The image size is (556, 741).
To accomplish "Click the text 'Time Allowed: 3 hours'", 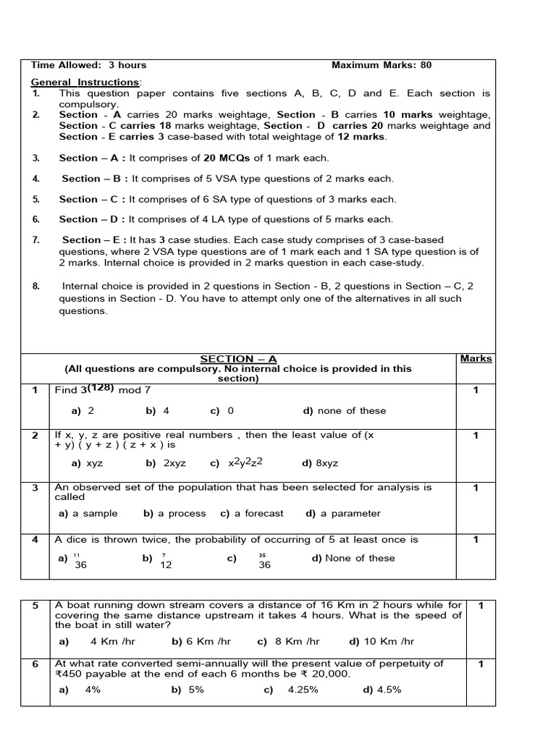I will pyautogui.click(x=88, y=65).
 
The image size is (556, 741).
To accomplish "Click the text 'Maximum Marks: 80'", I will pyautogui.click(x=381, y=65).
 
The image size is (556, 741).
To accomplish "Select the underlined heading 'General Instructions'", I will pyautogui.click(x=86, y=82).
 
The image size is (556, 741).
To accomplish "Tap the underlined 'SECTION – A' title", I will pyautogui.click(x=238, y=359).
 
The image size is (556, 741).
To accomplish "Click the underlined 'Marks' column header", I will pyautogui.click(x=476, y=358).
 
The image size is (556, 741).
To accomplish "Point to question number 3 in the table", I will pyautogui.click(x=34, y=488).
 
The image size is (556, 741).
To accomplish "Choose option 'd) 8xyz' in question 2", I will pyautogui.click(x=320, y=463).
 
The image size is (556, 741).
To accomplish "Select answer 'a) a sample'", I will pyautogui.click(x=88, y=514).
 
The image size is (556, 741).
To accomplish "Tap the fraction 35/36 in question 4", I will pyautogui.click(x=264, y=562).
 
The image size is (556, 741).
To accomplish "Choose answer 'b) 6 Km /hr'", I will pyautogui.click(x=201, y=641).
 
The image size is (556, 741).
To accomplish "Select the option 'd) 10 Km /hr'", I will pyautogui.click(x=382, y=641).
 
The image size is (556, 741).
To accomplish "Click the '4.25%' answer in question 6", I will pyautogui.click(x=303, y=690).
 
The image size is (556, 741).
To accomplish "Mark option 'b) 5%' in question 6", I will pyautogui.click(x=188, y=690).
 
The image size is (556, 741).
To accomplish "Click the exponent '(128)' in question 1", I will pyautogui.click(x=101, y=387).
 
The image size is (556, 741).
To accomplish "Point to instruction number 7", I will pyautogui.click(x=35, y=240).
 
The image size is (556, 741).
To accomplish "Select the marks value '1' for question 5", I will pyautogui.click(x=481, y=606).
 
